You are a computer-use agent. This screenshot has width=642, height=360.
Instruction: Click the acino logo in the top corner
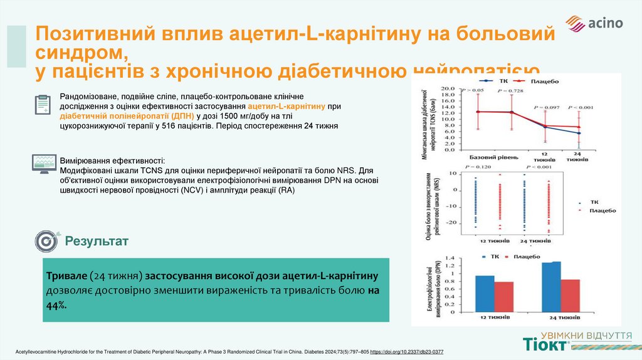(x=594, y=23)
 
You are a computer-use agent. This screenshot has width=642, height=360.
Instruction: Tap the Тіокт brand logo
(x=546, y=344)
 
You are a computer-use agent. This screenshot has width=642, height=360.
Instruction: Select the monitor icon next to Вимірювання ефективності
(x=42, y=163)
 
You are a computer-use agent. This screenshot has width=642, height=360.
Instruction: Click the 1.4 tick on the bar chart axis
(x=448, y=257)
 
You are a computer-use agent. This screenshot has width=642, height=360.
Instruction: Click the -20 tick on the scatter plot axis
(x=451, y=223)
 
